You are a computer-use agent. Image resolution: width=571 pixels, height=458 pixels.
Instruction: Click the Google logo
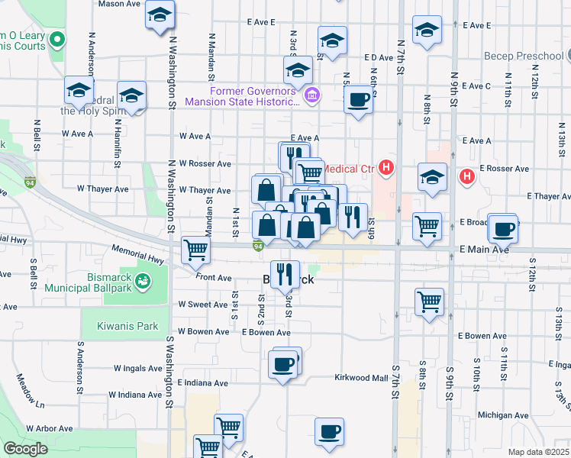(x=24, y=449)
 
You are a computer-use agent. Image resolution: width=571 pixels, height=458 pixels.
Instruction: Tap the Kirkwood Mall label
(x=362, y=378)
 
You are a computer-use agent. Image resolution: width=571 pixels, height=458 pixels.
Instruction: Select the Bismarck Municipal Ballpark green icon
(x=142, y=282)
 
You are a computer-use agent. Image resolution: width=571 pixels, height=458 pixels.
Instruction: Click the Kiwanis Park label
(x=127, y=326)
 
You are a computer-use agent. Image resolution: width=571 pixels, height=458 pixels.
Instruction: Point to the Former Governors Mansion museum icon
(x=312, y=95)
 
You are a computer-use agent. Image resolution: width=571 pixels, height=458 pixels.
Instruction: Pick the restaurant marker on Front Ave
(x=284, y=274)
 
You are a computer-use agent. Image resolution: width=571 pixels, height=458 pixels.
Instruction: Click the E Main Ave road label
(x=484, y=249)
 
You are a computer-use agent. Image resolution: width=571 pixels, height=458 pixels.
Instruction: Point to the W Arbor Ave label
(x=52, y=430)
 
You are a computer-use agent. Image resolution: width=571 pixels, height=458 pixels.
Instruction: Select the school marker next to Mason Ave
(x=160, y=15)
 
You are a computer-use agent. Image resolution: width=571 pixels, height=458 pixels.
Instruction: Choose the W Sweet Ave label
(x=203, y=304)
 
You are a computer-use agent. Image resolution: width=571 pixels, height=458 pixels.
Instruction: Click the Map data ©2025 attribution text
(x=538, y=452)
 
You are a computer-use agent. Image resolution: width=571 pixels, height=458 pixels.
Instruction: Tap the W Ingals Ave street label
(x=139, y=368)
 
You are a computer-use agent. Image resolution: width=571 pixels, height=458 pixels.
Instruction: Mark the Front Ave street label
(x=214, y=278)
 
